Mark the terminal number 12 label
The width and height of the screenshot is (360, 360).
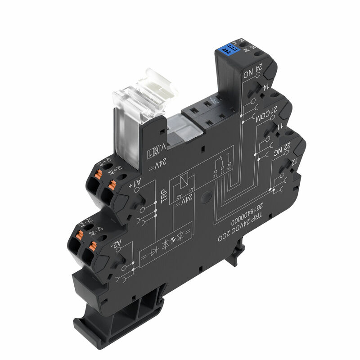pos(294,161)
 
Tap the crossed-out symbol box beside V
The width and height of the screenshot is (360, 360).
pos(152,152)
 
